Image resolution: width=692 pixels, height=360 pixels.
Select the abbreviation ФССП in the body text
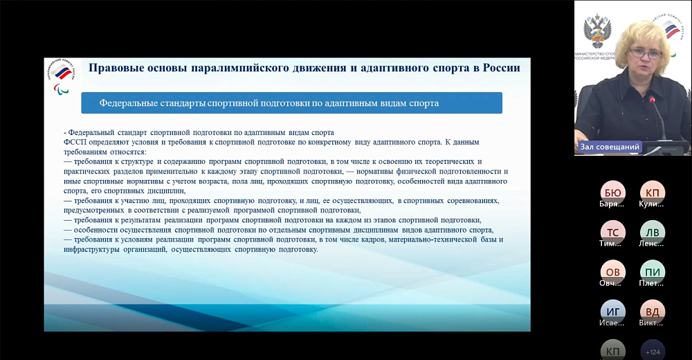(75, 142)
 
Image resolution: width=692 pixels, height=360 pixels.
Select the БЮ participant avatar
(612, 192)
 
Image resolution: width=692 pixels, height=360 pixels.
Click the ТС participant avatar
(612, 232)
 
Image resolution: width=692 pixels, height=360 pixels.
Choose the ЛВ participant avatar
(652, 232)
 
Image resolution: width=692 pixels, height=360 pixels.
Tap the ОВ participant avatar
(612, 271)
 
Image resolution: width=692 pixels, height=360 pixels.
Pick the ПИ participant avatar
(652, 271)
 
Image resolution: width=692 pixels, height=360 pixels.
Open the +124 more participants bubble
(652, 350)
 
